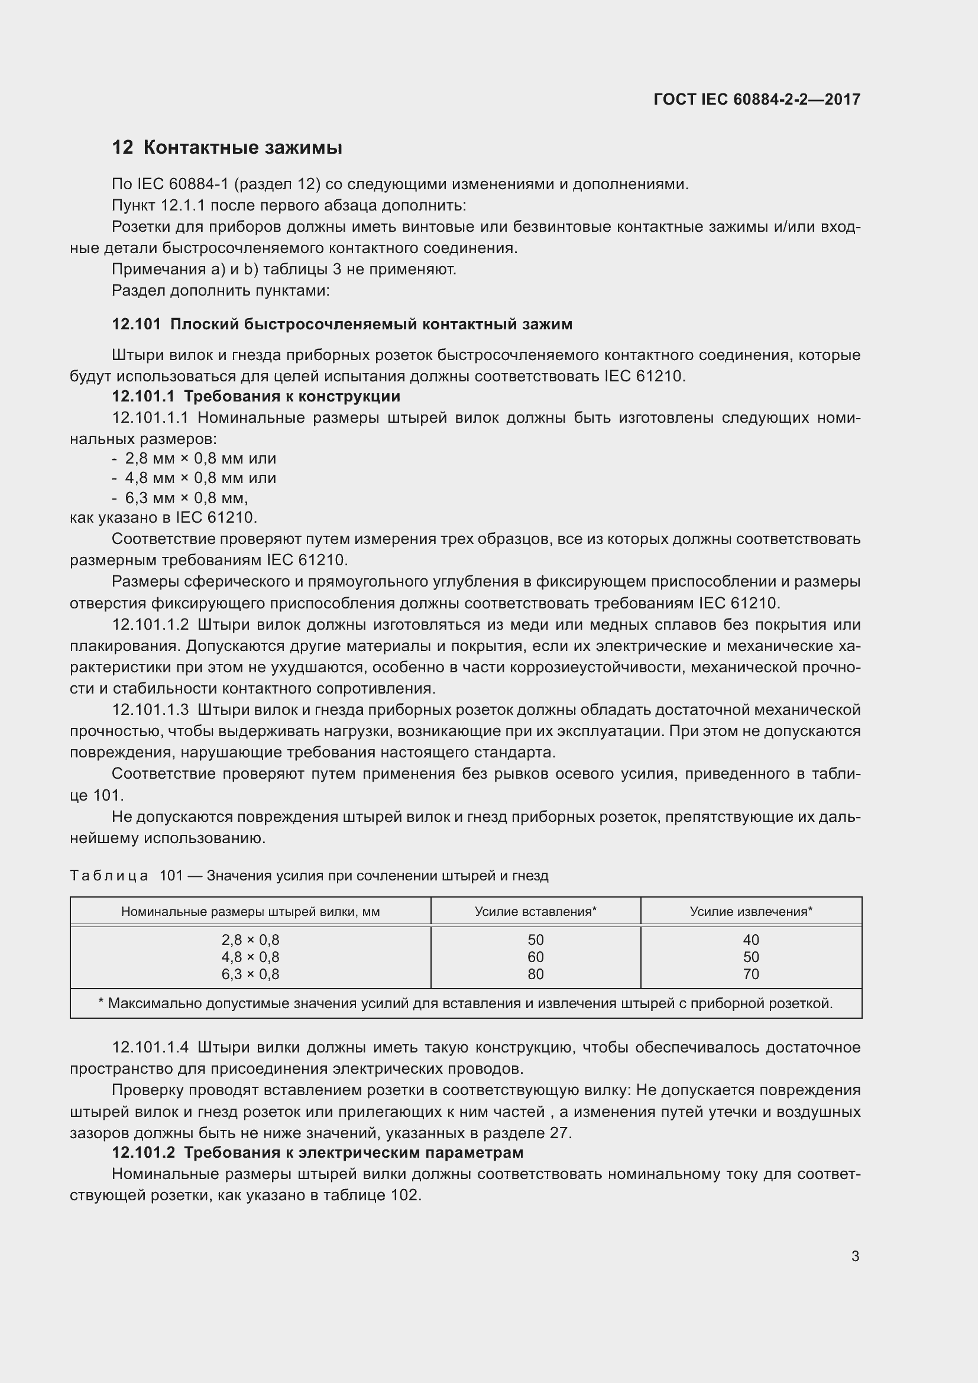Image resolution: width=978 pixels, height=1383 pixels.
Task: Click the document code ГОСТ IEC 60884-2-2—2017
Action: (x=756, y=99)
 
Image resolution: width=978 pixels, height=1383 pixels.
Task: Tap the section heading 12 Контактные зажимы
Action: (x=227, y=148)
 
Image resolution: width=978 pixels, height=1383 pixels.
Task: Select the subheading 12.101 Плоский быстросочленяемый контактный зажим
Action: (x=341, y=324)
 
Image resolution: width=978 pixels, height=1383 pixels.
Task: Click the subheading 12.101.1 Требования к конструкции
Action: (x=256, y=396)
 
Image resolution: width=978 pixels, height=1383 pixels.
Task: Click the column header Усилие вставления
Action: (x=535, y=911)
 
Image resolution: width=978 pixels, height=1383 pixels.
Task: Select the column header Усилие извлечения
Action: (x=750, y=911)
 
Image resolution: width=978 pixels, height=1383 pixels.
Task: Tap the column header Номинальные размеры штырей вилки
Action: (x=250, y=911)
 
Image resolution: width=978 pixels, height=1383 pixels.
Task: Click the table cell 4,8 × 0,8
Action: (x=250, y=957)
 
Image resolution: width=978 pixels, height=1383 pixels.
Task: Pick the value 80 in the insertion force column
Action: (x=535, y=974)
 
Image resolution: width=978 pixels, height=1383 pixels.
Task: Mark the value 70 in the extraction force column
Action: (x=751, y=974)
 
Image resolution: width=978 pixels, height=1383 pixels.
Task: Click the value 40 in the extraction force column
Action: (x=751, y=940)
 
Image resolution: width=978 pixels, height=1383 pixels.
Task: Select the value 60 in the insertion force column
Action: (x=535, y=957)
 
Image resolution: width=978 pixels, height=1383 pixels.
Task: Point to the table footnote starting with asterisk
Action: (x=465, y=1003)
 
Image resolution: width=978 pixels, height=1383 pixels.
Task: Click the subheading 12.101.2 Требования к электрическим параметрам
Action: (x=318, y=1152)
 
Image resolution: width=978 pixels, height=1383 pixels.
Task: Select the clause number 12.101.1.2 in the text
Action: (x=150, y=624)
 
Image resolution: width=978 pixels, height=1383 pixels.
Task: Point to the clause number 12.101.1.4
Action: (x=150, y=1048)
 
